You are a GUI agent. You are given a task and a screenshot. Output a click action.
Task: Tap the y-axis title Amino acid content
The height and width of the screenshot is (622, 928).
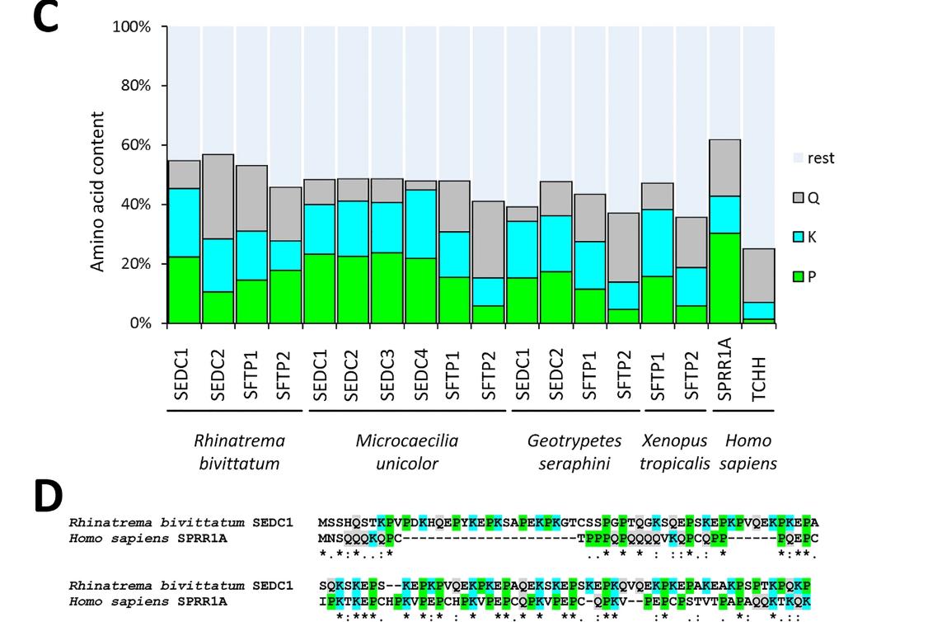pyautogui.click(x=98, y=191)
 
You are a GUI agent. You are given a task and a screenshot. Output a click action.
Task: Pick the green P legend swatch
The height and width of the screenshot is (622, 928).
pyautogui.click(x=798, y=276)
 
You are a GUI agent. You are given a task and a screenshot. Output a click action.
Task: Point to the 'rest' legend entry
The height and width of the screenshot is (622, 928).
pyautogui.click(x=812, y=158)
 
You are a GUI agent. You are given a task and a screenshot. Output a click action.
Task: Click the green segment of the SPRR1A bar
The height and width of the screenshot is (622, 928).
pyautogui.click(x=724, y=278)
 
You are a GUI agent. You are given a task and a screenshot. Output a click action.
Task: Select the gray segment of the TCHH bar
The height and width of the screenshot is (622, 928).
pyautogui.click(x=758, y=276)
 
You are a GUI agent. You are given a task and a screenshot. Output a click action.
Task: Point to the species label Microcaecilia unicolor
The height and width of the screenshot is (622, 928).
pyautogui.click(x=406, y=452)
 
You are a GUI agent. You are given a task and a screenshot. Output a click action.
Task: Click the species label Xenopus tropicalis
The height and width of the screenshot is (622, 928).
pyautogui.click(x=674, y=452)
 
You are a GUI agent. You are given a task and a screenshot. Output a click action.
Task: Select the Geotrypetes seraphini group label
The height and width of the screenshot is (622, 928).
pyautogui.click(x=574, y=452)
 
